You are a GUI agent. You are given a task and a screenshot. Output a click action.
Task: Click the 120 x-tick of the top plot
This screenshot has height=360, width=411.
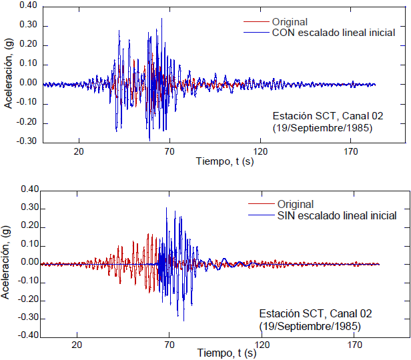point(261,151)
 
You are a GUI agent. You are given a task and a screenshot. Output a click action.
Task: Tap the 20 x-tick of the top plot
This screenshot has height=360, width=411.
point(79,151)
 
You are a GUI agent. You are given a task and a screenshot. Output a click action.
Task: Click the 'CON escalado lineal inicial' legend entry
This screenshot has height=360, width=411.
point(333,33)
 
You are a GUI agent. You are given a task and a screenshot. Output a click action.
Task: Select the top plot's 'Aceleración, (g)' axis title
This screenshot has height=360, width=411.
point(9,73)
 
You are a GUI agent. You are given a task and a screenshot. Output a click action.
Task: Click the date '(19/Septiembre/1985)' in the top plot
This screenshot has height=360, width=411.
point(322,127)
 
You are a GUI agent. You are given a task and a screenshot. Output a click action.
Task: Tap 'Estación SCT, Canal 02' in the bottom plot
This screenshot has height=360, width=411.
point(315,313)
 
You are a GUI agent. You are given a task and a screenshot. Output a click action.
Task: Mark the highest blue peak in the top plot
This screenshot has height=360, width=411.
point(161,19)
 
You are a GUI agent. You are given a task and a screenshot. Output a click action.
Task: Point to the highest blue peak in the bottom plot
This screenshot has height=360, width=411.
point(167,208)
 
